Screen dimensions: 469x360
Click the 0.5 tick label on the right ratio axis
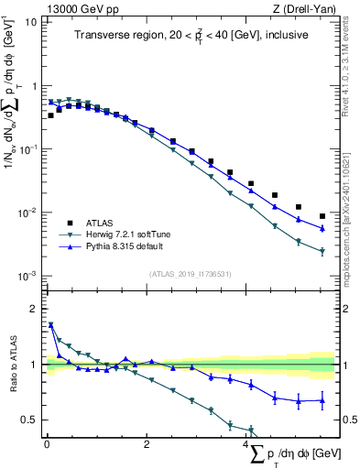pos(345,420)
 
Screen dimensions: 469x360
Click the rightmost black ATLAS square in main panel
pos(322,216)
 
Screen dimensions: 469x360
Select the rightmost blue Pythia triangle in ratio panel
pos(322,399)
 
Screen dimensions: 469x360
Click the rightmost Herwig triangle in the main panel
pos(322,251)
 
